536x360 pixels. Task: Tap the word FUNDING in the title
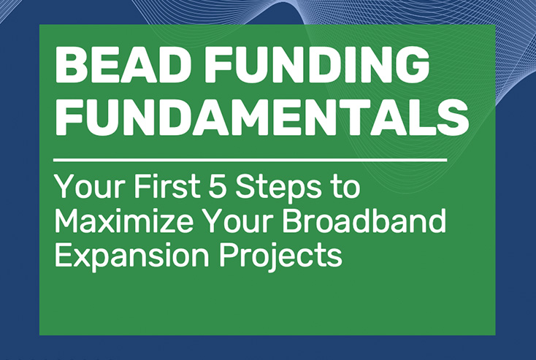316,64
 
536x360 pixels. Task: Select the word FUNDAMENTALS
261,118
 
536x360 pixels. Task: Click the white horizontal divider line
250,160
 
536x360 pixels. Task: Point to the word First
167,187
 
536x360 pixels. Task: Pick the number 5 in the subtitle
217,187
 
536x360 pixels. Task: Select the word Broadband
364,221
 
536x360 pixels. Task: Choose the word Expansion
131,256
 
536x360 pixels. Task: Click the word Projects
280,256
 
